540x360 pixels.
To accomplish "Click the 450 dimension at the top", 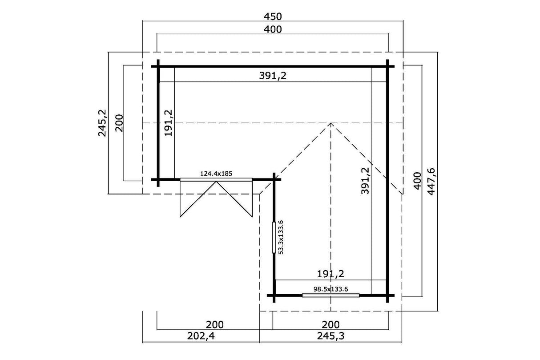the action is tap(273, 16).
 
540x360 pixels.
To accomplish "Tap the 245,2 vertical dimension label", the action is tap(102, 123).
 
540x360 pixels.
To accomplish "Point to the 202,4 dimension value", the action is tap(201, 336).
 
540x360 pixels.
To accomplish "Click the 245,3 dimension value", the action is tap(330, 336).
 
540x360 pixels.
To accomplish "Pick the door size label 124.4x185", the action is tap(216, 174).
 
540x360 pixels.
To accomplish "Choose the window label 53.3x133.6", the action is tap(281, 237).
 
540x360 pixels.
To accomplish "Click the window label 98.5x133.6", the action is tap(330, 289).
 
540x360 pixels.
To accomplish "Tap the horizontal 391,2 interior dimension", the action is tap(273, 76).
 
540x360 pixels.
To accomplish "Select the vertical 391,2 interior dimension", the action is tap(365, 181).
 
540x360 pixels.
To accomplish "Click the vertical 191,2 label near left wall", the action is tap(168, 123).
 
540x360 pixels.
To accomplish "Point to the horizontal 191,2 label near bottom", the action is tap(330, 274).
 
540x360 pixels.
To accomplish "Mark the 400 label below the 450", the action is tap(273, 29).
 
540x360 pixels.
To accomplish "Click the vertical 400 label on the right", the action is tap(417, 181).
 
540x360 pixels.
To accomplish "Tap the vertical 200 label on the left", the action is tap(119, 123).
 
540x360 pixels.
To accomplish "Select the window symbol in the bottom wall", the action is tap(330, 295).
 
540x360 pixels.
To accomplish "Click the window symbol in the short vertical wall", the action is tap(274, 238).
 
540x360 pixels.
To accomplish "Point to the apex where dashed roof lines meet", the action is tap(331, 123).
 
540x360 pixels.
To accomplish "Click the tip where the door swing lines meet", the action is tap(216, 182).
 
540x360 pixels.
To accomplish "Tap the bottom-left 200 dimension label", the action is tap(214, 324).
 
